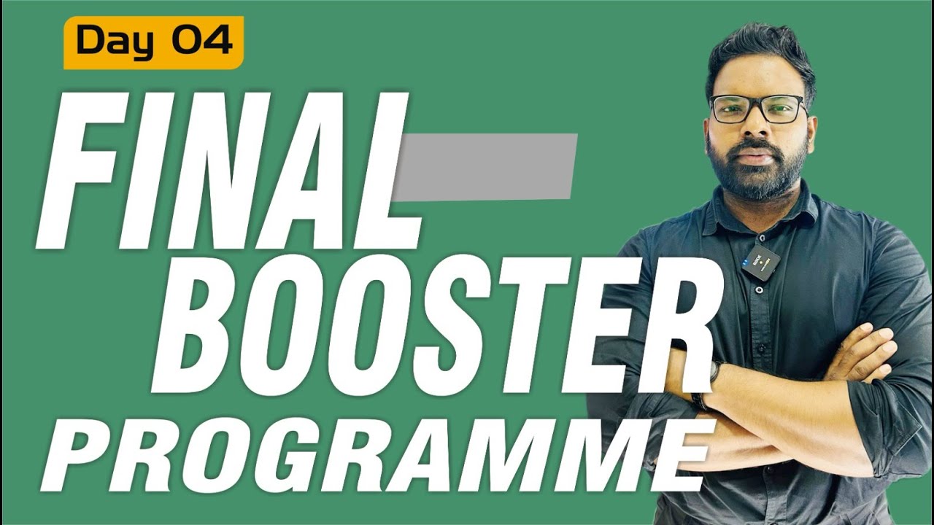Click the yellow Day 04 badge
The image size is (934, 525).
153,42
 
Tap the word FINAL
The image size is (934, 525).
226,171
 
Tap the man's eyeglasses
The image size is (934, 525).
759,109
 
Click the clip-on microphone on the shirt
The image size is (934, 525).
760,260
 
